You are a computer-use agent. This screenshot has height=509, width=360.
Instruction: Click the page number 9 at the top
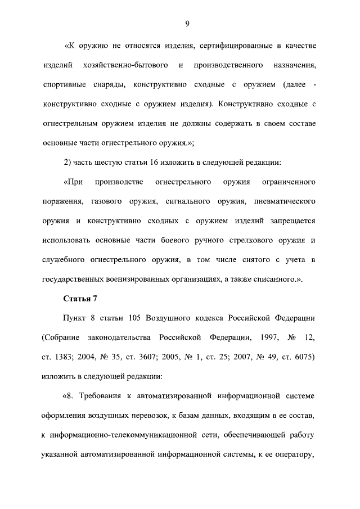click(x=186, y=23)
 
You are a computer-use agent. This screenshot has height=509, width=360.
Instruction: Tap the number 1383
click(x=65, y=357)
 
